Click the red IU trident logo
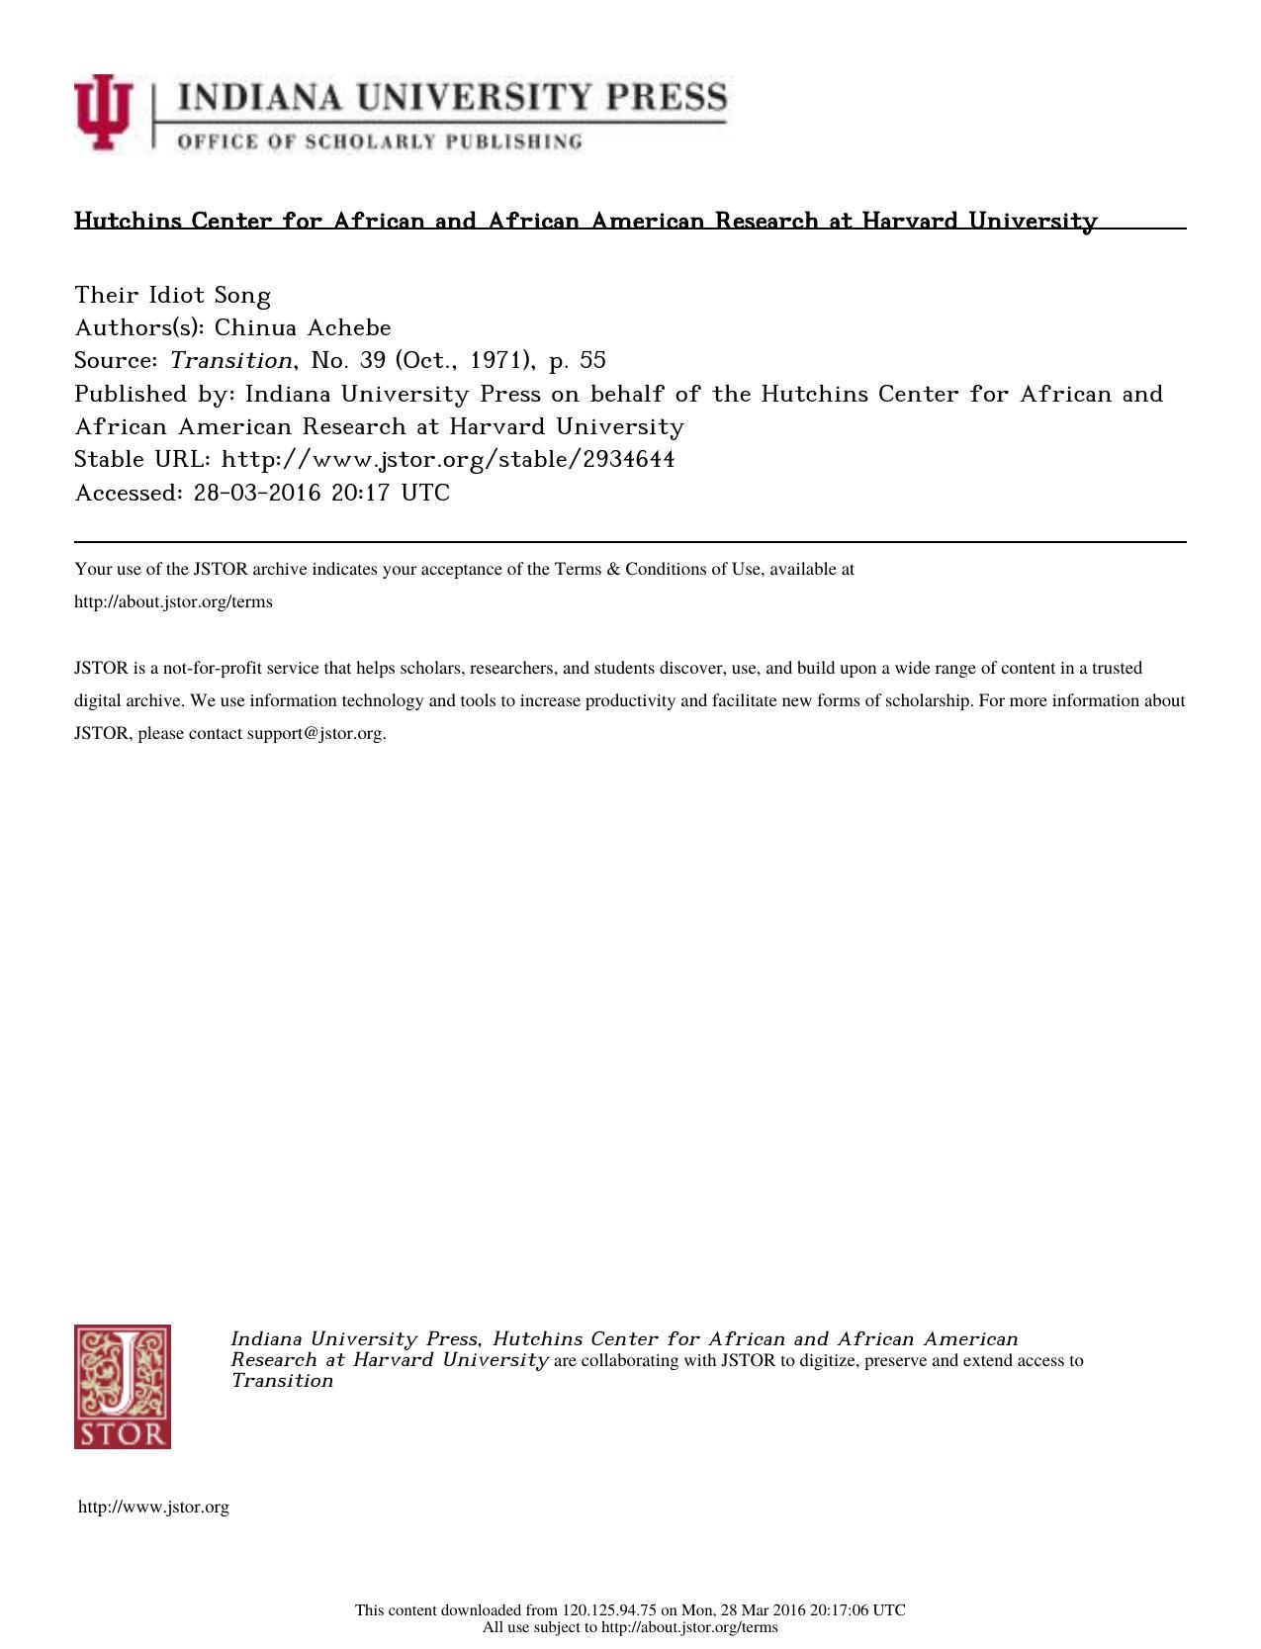point(102,112)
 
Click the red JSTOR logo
point(122,1386)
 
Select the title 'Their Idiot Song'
point(173,295)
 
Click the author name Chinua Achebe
point(303,327)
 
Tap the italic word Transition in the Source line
point(231,360)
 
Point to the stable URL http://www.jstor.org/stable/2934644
point(448,459)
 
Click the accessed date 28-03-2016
point(257,493)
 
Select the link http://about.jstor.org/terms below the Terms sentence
point(173,601)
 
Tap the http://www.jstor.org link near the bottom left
point(153,1507)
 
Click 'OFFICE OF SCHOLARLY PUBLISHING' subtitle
point(380,141)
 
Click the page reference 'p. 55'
point(577,360)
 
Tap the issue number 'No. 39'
point(348,360)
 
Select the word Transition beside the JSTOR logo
point(282,1381)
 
